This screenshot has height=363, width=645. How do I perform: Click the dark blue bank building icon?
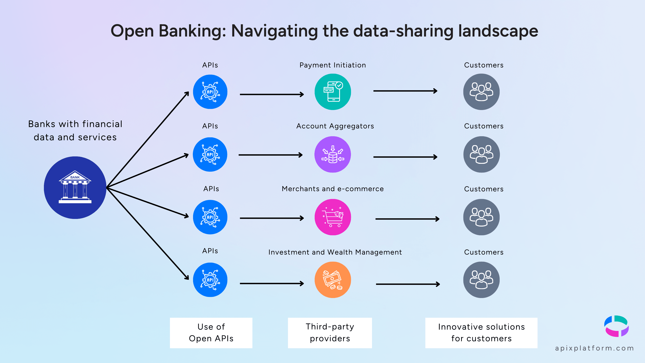[x=75, y=187]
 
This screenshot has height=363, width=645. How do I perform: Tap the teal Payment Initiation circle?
[x=333, y=92]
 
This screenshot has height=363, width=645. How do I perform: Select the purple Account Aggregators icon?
[x=333, y=154]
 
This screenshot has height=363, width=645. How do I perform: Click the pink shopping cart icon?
[x=333, y=217]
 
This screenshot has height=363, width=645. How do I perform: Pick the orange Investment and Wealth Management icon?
[x=333, y=280]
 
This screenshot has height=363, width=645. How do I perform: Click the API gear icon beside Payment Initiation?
[x=210, y=92]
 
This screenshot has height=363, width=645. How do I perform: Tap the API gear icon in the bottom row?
[x=210, y=280]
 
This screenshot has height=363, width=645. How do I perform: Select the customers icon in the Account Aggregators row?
[x=481, y=154]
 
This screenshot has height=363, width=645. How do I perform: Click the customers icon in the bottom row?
[x=481, y=280]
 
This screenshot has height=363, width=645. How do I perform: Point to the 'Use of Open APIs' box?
[x=211, y=333]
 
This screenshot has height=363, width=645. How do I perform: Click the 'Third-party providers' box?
[x=330, y=333]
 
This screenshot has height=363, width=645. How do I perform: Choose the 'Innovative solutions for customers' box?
[x=481, y=333]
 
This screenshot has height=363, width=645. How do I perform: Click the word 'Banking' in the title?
[x=192, y=31]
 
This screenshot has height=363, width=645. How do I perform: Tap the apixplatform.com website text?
[x=594, y=348]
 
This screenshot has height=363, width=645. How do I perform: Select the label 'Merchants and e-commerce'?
[x=333, y=189]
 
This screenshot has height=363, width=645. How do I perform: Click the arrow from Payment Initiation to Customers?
[x=405, y=91]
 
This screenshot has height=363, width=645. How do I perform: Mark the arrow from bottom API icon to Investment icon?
[x=272, y=283]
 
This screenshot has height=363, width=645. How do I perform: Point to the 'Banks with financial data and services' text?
[x=75, y=130]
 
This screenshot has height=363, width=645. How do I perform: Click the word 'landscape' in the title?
[x=498, y=31]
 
